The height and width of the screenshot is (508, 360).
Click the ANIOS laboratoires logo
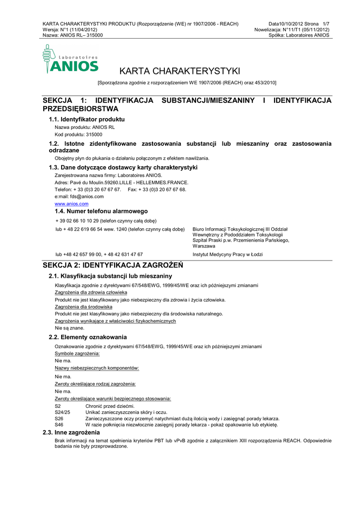pyautogui.click(x=70, y=60)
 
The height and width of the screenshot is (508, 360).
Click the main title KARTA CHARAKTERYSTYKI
pyautogui.click(x=180, y=71)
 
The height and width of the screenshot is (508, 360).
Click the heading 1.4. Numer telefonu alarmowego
pyautogui.click(x=98, y=211)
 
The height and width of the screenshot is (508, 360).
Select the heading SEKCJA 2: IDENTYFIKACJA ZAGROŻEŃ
pyautogui.click(x=113, y=265)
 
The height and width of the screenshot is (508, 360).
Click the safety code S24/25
pyautogui.click(x=62, y=412)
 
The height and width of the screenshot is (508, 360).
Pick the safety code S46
pyautogui.click(x=59, y=425)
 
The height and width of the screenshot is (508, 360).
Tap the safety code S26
pyautogui.click(x=59, y=418)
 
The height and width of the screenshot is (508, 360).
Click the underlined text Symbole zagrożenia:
pyautogui.click(x=77, y=353)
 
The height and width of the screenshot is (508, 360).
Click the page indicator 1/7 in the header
pyautogui.click(x=326, y=24)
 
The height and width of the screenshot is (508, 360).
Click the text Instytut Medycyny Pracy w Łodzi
pyautogui.click(x=227, y=254)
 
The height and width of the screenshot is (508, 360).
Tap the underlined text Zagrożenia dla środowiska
pyautogui.click(x=83, y=307)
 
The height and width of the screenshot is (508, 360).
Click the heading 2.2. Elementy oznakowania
pyautogui.click(x=87, y=337)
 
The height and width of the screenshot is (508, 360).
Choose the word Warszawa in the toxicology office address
pyautogui.click(x=204, y=246)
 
